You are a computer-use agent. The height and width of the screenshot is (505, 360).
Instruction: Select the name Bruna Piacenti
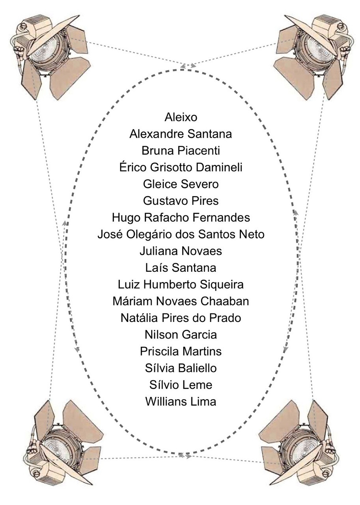181,151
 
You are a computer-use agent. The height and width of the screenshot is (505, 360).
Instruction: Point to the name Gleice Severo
181,184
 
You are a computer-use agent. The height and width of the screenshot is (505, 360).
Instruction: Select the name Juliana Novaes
181,251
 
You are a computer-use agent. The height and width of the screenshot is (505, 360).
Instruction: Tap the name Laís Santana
181,268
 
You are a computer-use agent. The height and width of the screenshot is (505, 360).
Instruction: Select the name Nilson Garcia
181,335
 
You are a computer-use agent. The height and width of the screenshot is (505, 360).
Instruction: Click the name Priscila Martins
181,352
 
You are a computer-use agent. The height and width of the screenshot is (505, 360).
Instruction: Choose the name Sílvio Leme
181,385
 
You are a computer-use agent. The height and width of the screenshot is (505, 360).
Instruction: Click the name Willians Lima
181,402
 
